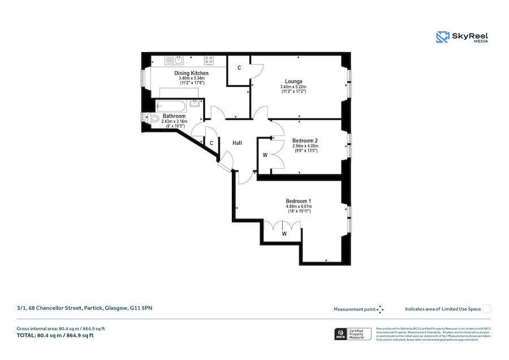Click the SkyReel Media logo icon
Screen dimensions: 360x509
pos(442,37)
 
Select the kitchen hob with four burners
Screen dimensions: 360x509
pos(210,59)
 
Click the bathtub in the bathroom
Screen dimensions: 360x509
pos(174,105)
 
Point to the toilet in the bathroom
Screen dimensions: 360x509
pos(153,118)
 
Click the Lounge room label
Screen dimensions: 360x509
pos(294,82)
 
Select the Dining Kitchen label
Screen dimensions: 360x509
pos(192,74)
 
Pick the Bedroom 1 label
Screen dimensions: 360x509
pos(299,202)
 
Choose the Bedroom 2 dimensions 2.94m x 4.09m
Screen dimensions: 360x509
pos(305,146)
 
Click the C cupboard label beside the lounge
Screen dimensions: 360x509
pos(239,68)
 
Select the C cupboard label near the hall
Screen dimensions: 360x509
pos(211,143)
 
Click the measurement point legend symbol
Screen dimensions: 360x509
pos(380,309)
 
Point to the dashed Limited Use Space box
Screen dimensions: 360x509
pos(486,309)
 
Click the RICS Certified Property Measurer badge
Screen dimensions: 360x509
pos(353,335)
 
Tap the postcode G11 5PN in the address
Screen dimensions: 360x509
pos(141,308)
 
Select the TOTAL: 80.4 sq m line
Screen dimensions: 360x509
pos(55,336)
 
